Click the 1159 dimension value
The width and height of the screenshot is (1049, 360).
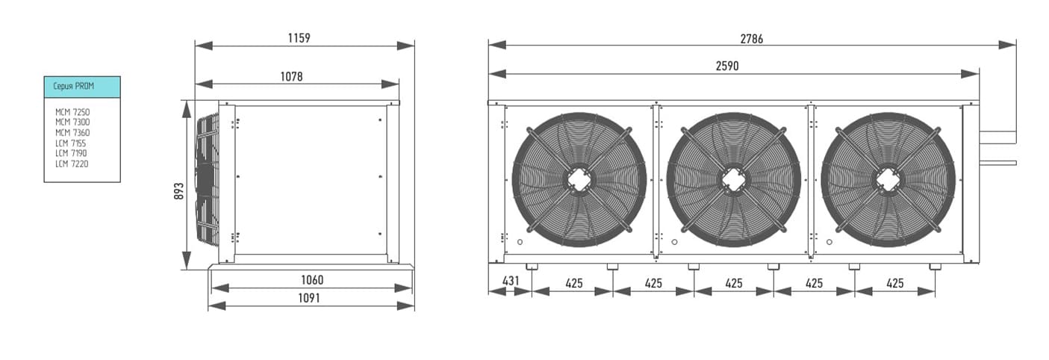click(299, 38)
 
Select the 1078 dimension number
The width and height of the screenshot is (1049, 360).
click(291, 76)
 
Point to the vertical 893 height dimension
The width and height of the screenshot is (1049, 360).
click(178, 191)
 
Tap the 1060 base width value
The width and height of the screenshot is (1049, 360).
click(312, 280)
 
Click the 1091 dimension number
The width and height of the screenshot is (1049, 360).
click(309, 298)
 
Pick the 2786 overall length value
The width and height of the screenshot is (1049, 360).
click(752, 39)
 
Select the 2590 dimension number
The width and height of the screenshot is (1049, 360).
click(727, 66)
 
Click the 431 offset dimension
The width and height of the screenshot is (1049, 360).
click(511, 281)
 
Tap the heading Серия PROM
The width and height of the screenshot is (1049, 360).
click(73, 86)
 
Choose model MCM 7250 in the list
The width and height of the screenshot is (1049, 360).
click(72, 112)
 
